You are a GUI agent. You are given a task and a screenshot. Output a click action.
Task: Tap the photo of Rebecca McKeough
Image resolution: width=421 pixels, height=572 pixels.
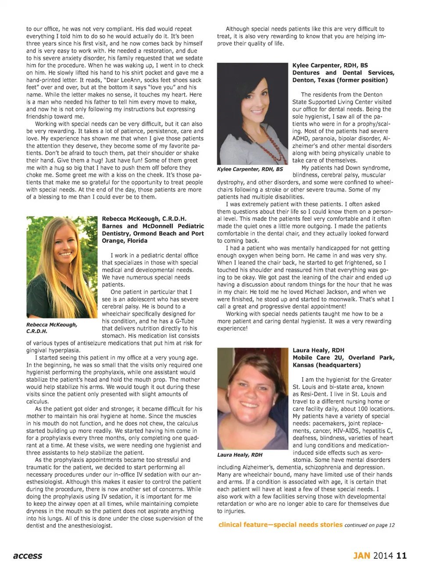[x=61, y=267]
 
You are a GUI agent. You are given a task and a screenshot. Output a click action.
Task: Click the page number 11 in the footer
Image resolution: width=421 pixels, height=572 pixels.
[x=401, y=556]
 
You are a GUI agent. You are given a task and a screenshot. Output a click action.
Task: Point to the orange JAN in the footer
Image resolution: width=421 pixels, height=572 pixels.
[x=362, y=556]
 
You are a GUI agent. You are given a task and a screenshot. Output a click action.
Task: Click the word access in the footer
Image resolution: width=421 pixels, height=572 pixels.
[x=28, y=556]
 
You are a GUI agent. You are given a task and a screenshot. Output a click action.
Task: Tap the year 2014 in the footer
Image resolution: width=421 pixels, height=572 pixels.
[x=383, y=556]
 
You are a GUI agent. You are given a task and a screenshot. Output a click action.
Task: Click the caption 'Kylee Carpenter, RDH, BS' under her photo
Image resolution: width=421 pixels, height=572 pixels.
[x=250, y=169]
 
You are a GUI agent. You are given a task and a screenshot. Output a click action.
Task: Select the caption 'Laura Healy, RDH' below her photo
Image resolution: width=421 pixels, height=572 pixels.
[x=239, y=455]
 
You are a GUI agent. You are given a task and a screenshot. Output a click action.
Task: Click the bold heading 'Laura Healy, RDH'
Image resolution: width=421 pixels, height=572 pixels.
[x=318, y=350]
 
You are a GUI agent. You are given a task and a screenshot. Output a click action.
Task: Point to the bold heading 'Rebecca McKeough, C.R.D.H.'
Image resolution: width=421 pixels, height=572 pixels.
[x=144, y=219]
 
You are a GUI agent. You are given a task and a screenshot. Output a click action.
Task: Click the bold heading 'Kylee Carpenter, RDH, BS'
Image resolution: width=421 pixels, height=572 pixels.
[x=330, y=65]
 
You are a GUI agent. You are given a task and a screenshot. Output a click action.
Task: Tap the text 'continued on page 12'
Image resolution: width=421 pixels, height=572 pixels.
[x=369, y=525]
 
